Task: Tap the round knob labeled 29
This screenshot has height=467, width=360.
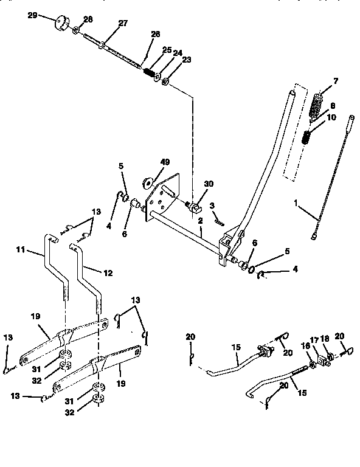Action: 61,24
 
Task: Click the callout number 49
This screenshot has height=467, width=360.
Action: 165,162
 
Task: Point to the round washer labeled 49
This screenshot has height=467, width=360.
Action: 148,181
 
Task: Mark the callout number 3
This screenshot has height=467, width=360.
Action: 212,206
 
